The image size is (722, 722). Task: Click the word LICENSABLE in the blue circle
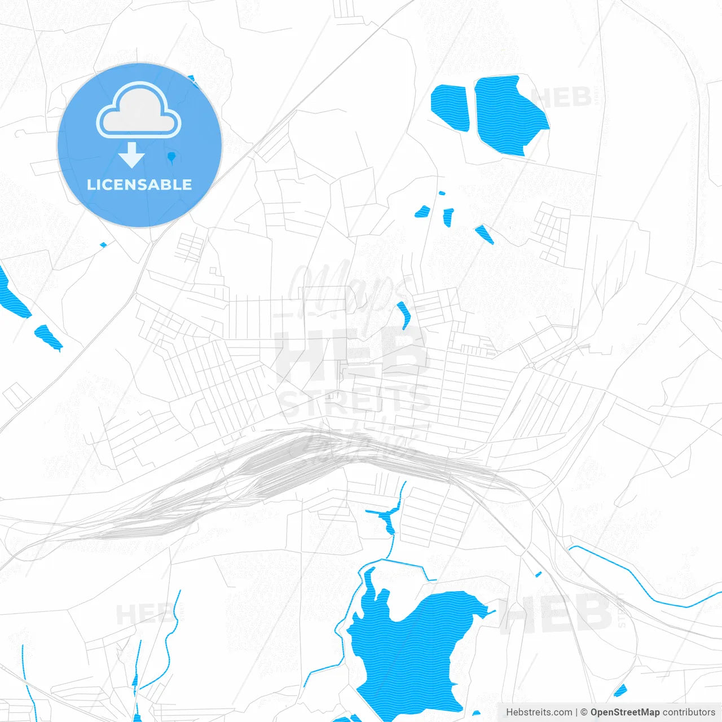pyautogui.click(x=139, y=184)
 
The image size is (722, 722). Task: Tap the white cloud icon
pyautogui.click(x=139, y=111)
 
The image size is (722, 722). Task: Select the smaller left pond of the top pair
pyautogui.click(x=450, y=107)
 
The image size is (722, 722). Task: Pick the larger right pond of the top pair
pyautogui.click(x=508, y=116)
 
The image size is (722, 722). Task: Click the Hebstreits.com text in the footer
pyautogui.click(x=539, y=712)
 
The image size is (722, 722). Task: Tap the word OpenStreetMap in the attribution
pyautogui.click(x=624, y=712)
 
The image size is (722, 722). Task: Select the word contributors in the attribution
pyautogui.click(x=689, y=712)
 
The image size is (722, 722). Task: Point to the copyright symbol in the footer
pyautogui.click(x=584, y=712)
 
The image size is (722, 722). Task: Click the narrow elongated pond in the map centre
pyautogui.click(x=404, y=315)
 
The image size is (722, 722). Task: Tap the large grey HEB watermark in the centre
pyautogui.click(x=350, y=355)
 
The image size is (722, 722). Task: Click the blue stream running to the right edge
pyautogui.click(x=649, y=587)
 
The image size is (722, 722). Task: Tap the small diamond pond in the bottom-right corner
pyautogui.click(x=620, y=690)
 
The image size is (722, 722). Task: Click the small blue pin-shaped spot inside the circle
pyautogui.click(x=171, y=156)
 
